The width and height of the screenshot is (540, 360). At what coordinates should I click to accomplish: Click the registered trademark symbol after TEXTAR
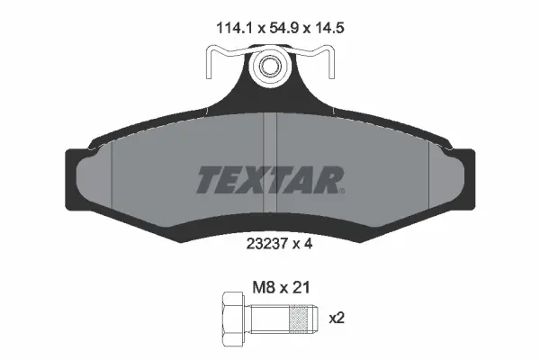340,190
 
